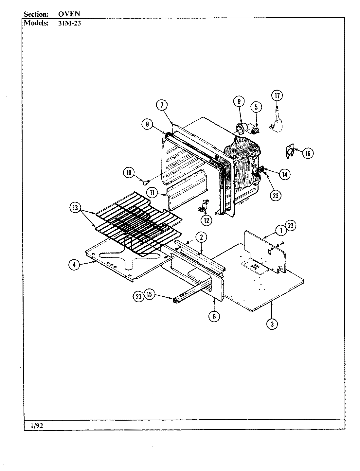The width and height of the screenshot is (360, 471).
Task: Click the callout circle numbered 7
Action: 162,105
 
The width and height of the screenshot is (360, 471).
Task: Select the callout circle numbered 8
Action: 148,124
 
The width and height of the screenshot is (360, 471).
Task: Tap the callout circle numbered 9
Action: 239,102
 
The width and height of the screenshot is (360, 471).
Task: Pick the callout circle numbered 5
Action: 256,107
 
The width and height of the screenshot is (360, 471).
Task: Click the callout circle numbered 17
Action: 277,96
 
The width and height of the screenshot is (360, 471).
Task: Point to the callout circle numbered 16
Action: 308,153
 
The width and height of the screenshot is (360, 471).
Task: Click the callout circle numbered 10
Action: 129,172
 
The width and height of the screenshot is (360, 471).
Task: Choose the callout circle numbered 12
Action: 207,220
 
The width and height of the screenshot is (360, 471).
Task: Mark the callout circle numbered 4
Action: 74,265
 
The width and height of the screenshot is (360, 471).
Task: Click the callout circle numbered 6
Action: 214,316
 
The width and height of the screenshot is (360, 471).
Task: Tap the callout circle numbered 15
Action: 149,295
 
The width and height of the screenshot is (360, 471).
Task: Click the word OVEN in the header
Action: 69,14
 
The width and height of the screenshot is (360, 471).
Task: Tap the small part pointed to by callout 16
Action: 288,152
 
